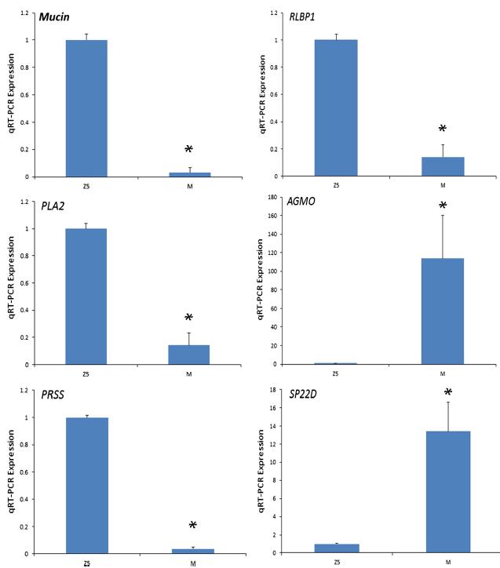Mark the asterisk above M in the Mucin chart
point(188,150)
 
